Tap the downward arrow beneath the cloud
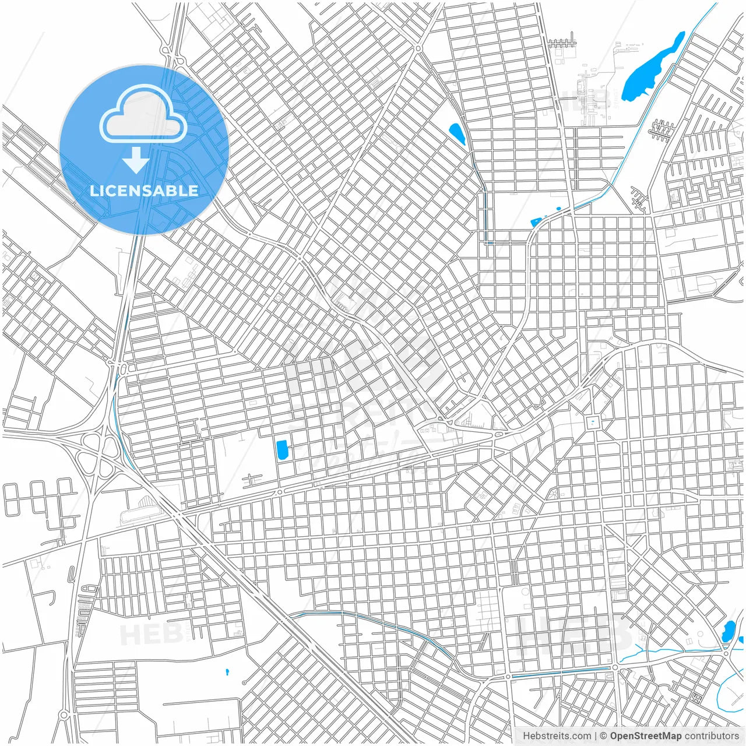click(136, 160)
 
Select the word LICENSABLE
click(143, 191)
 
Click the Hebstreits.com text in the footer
click(557, 736)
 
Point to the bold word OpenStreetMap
click(645, 736)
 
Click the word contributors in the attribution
click(712, 736)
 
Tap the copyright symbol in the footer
click(604, 736)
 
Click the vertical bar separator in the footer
click(596, 736)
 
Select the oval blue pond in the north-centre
click(457, 134)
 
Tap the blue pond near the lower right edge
click(728, 631)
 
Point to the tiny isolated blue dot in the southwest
click(227, 672)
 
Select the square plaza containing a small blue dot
click(593, 422)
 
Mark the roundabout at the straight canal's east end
click(614, 668)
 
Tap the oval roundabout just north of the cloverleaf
click(121, 368)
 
